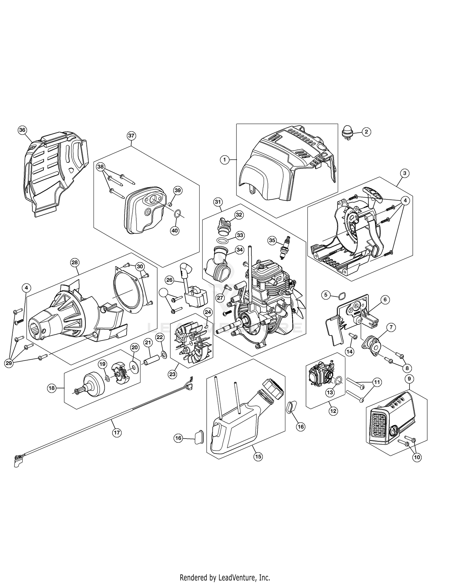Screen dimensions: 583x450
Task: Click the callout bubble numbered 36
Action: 22,130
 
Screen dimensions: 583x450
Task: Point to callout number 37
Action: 131,136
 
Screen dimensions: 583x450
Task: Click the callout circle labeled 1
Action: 225,160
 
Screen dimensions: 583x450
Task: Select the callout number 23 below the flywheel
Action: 172,374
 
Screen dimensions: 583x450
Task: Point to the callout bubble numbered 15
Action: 258,457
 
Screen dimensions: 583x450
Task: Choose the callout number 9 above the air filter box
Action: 409,379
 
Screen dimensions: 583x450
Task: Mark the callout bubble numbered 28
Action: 74,262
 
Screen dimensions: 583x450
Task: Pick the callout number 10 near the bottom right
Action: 417,457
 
